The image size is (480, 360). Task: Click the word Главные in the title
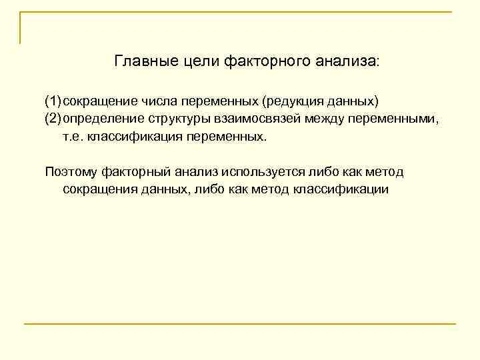pyautogui.click(x=141, y=62)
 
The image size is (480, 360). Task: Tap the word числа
pyautogui.click(x=157, y=101)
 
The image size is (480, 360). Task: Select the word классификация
pyautogui.click(x=133, y=137)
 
